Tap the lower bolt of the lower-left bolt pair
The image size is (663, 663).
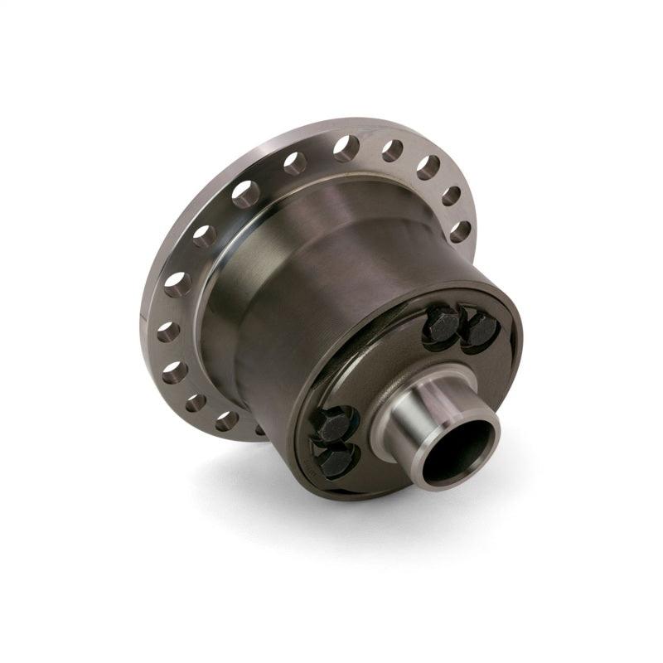[336, 461]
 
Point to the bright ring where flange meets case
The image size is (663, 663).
[217, 273]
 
